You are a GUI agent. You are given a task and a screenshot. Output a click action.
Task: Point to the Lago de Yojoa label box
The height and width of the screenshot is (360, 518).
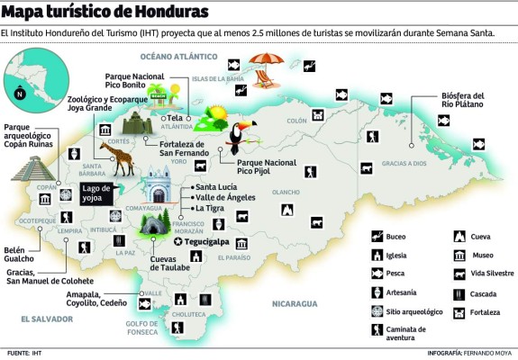coord(98,193)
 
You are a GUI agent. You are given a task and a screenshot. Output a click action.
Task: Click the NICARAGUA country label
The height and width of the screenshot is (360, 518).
coord(297,303)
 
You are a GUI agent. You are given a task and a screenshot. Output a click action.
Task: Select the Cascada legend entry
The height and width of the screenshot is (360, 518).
coord(479,293)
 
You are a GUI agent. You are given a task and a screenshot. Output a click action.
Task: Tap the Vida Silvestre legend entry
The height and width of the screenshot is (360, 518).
coord(483,274)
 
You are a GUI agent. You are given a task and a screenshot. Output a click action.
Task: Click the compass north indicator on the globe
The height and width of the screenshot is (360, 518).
coord(20,93)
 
